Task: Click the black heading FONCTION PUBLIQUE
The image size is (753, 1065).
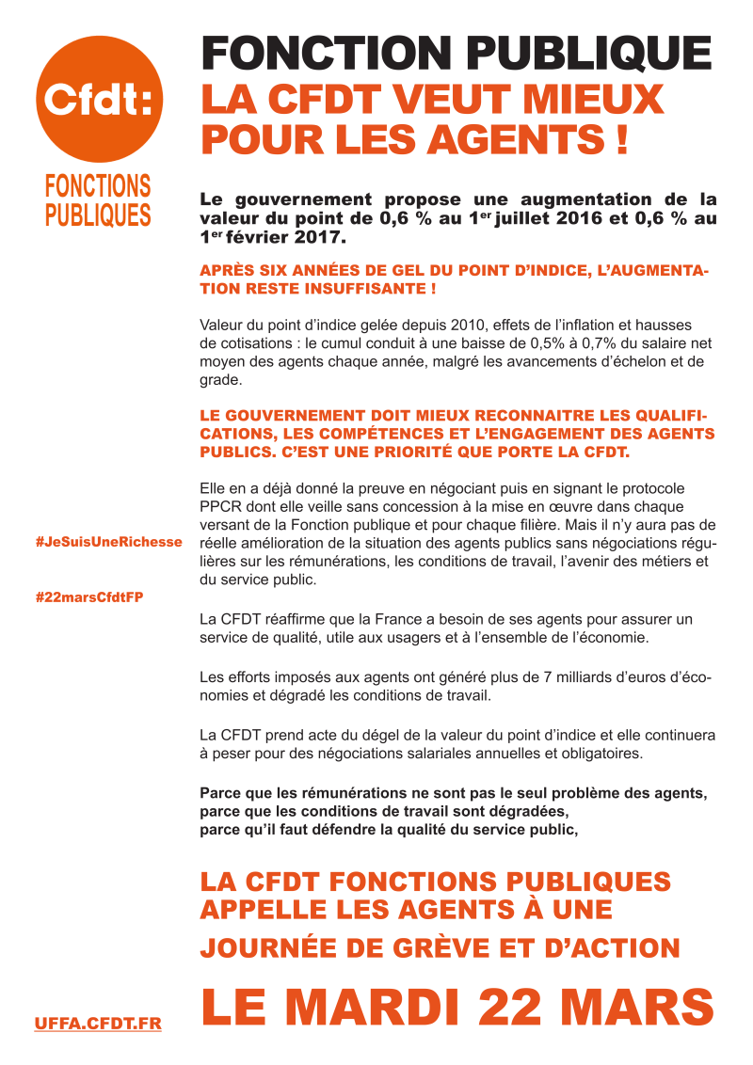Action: coord(457,53)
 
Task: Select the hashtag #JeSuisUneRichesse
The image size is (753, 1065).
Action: coord(108,544)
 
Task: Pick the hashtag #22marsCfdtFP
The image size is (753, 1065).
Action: coord(88,597)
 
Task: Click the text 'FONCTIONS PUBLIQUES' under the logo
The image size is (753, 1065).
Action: coord(98,200)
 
